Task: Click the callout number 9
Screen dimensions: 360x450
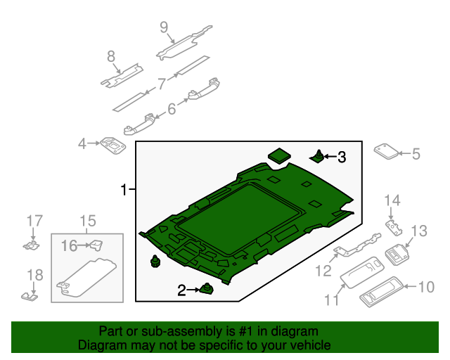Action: pos(164,27)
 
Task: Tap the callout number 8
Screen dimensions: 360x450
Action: pos(111,56)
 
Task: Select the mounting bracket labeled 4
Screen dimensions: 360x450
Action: pos(112,146)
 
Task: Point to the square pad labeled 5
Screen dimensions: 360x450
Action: pos(384,152)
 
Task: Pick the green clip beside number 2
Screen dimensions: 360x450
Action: pos(207,287)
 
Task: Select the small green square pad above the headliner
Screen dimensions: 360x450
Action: pos(280,154)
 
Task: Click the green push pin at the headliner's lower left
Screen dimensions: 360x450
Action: pos(155,262)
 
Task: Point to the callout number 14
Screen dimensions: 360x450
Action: pos(392,201)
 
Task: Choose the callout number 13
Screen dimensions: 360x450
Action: pos(419,231)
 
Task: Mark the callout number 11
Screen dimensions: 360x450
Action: pos(330,300)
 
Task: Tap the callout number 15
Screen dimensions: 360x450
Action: pos(86,223)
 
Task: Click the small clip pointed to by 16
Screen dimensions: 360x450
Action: pos(96,245)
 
